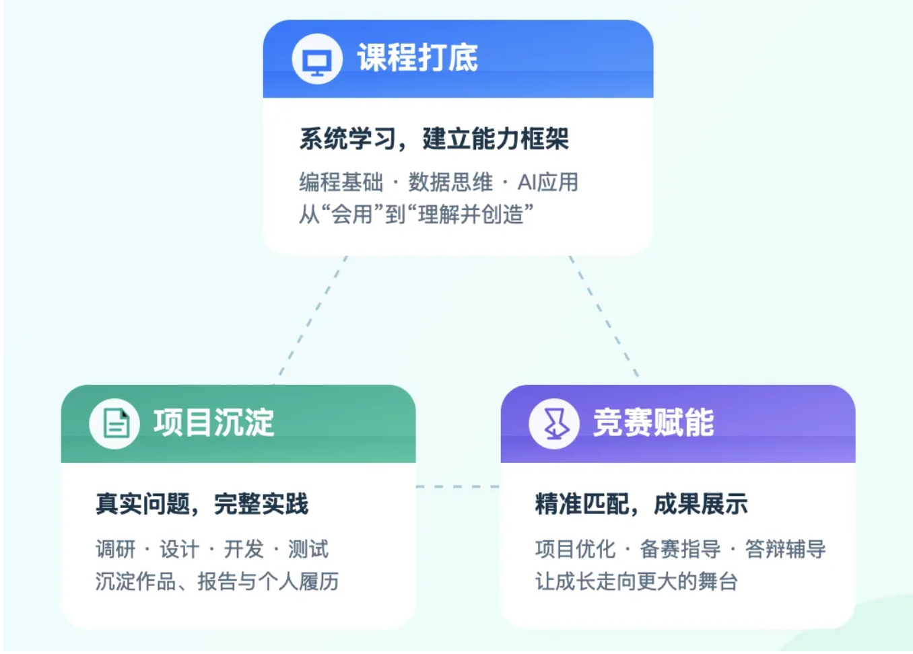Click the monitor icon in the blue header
point(316,59)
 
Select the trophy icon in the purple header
point(554,423)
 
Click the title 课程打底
point(417,58)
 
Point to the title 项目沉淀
point(213,423)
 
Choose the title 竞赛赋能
point(653,423)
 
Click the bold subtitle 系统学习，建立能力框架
point(434,139)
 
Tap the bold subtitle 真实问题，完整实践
point(202,504)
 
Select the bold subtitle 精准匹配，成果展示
point(642,504)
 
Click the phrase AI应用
point(548,182)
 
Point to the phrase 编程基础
point(341,182)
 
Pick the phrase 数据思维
point(450,182)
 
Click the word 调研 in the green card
point(115,549)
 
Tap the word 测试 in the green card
point(308,549)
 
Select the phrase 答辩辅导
point(786,549)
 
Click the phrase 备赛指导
point(680,549)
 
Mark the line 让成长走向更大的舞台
point(637,581)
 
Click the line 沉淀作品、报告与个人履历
point(217,581)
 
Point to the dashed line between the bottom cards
point(458,486)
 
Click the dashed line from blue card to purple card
point(604,316)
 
